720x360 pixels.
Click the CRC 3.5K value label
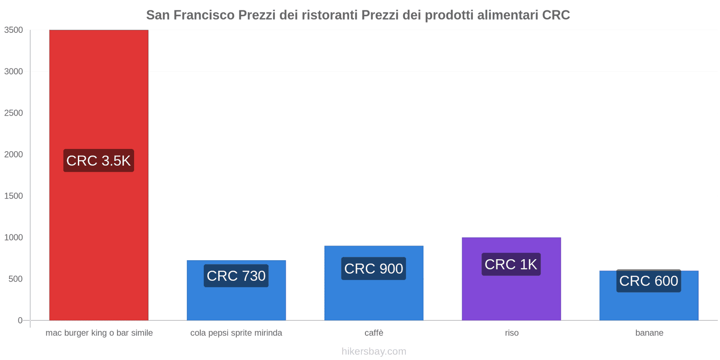pyautogui.click(x=99, y=161)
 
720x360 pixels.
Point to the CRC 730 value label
pyautogui.click(x=236, y=276)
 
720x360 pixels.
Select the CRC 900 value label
pyautogui.click(x=373, y=269)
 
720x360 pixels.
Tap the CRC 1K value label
pyautogui.click(x=511, y=265)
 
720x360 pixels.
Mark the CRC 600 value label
pyautogui.click(x=648, y=281)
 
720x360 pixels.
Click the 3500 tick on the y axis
pyautogui.click(x=13, y=30)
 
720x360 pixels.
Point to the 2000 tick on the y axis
pyautogui.click(x=13, y=154)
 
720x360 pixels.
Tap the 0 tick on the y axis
pyautogui.click(x=20, y=320)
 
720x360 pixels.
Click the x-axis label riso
pyautogui.click(x=512, y=333)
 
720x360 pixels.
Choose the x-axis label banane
pyautogui.click(x=649, y=333)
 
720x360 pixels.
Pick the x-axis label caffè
pyautogui.click(x=373, y=333)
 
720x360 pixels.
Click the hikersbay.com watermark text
pyautogui.click(x=373, y=351)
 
